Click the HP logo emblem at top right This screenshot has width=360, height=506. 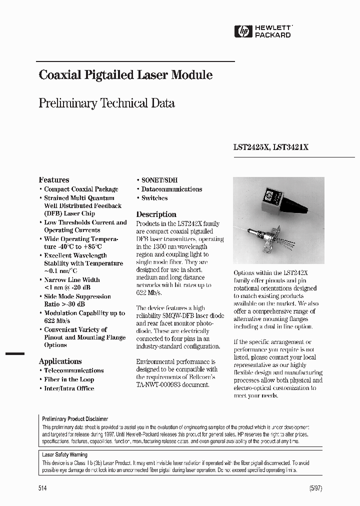coord(243,31)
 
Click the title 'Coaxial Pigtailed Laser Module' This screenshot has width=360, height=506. coord(125,75)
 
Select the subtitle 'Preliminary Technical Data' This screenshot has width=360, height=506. coord(106,103)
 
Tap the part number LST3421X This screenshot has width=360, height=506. coord(291,147)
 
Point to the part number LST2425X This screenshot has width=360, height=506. coord(252,147)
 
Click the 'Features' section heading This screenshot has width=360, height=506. coord(54,180)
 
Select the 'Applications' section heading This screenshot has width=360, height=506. coord(60,361)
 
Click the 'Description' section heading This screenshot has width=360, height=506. coord(156,214)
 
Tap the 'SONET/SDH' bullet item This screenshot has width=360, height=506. coord(159,180)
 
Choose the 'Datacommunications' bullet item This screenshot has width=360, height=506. coord(171,189)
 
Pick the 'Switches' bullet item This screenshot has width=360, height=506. coord(154,198)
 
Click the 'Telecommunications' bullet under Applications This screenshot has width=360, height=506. coord(73,370)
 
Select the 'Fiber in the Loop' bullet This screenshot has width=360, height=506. coord(69,379)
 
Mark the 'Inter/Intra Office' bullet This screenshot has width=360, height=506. coord(69,388)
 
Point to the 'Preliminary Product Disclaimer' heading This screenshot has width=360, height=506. coord(75,419)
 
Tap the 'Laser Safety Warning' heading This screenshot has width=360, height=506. coord(64,455)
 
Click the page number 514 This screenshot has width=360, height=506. coord(42,488)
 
